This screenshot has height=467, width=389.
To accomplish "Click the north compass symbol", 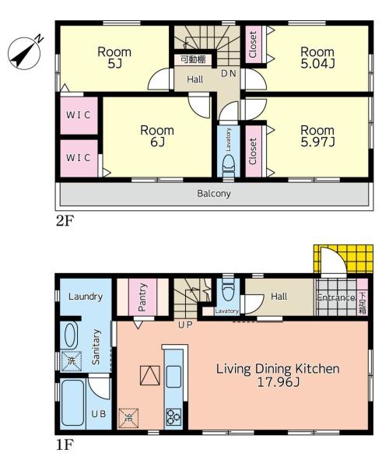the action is [24, 53].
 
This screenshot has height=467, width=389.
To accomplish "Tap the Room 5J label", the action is [114, 58].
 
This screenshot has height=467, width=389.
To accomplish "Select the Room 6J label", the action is [157, 135].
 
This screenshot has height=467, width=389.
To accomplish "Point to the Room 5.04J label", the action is [317, 58].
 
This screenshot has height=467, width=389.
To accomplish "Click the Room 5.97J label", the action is [317, 135].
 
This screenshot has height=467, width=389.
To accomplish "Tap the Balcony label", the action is [214, 194].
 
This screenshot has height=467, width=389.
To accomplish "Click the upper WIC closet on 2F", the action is [79, 115].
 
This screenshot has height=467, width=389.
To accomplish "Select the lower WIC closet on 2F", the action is [79, 158].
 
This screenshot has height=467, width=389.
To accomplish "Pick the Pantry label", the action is [142, 297].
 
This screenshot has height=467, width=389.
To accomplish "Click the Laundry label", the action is [86, 297].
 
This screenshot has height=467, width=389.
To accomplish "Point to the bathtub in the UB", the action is [72, 403].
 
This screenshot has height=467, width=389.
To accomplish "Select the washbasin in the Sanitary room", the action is [71, 335].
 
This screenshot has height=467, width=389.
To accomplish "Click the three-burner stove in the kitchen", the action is [173, 416].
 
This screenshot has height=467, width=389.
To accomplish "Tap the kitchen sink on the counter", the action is [173, 377].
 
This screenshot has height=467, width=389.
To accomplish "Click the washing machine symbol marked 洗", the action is [71, 361].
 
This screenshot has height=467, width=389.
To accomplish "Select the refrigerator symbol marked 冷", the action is [128, 418].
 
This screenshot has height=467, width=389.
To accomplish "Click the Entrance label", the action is [336, 297].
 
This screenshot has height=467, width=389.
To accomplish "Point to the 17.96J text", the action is [278, 382].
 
